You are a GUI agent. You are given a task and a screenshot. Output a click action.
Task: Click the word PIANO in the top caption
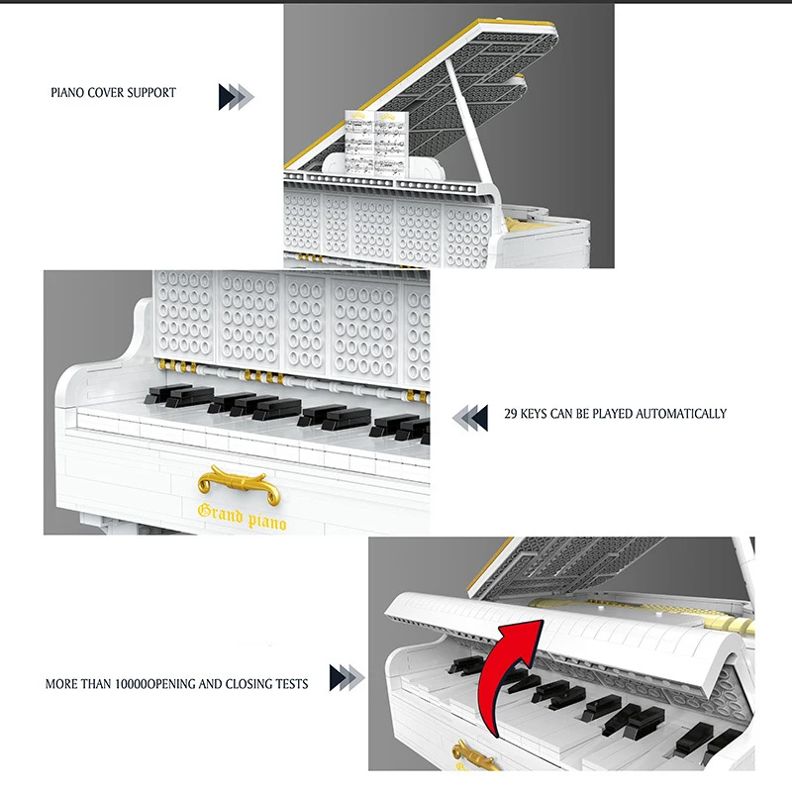tap(67, 93)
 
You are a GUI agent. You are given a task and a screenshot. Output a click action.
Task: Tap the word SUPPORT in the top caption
tap(151, 93)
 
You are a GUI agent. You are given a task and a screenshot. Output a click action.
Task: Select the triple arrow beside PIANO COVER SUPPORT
tap(236, 96)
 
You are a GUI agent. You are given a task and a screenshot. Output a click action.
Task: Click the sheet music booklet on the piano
tap(377, 142)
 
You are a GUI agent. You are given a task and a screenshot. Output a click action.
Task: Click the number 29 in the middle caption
tap(511, 414)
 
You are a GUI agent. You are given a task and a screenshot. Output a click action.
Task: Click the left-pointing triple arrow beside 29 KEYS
tap(470, 417)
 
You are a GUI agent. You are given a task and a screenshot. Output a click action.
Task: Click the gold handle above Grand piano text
tap(239, 484)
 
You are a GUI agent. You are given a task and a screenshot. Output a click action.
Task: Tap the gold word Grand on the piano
tap(220, 514)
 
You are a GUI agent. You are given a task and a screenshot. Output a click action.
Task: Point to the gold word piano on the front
tap(267, 522)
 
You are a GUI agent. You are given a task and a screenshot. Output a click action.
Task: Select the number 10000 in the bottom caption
tap(132, 684)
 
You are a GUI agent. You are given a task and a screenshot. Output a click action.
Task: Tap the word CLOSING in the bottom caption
tap(248, 684)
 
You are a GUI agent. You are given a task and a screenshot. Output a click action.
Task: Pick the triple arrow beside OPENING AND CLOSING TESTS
tap(347, 677)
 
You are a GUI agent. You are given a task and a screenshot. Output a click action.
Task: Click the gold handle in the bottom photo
tap(473, 756)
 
